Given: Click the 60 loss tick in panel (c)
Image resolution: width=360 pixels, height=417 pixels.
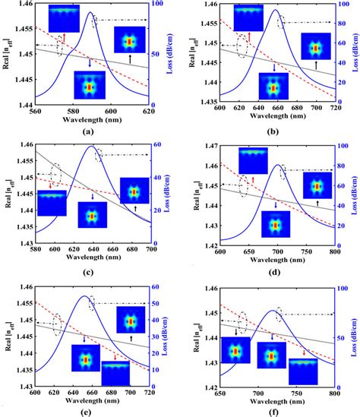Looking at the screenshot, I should coord(153,146).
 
